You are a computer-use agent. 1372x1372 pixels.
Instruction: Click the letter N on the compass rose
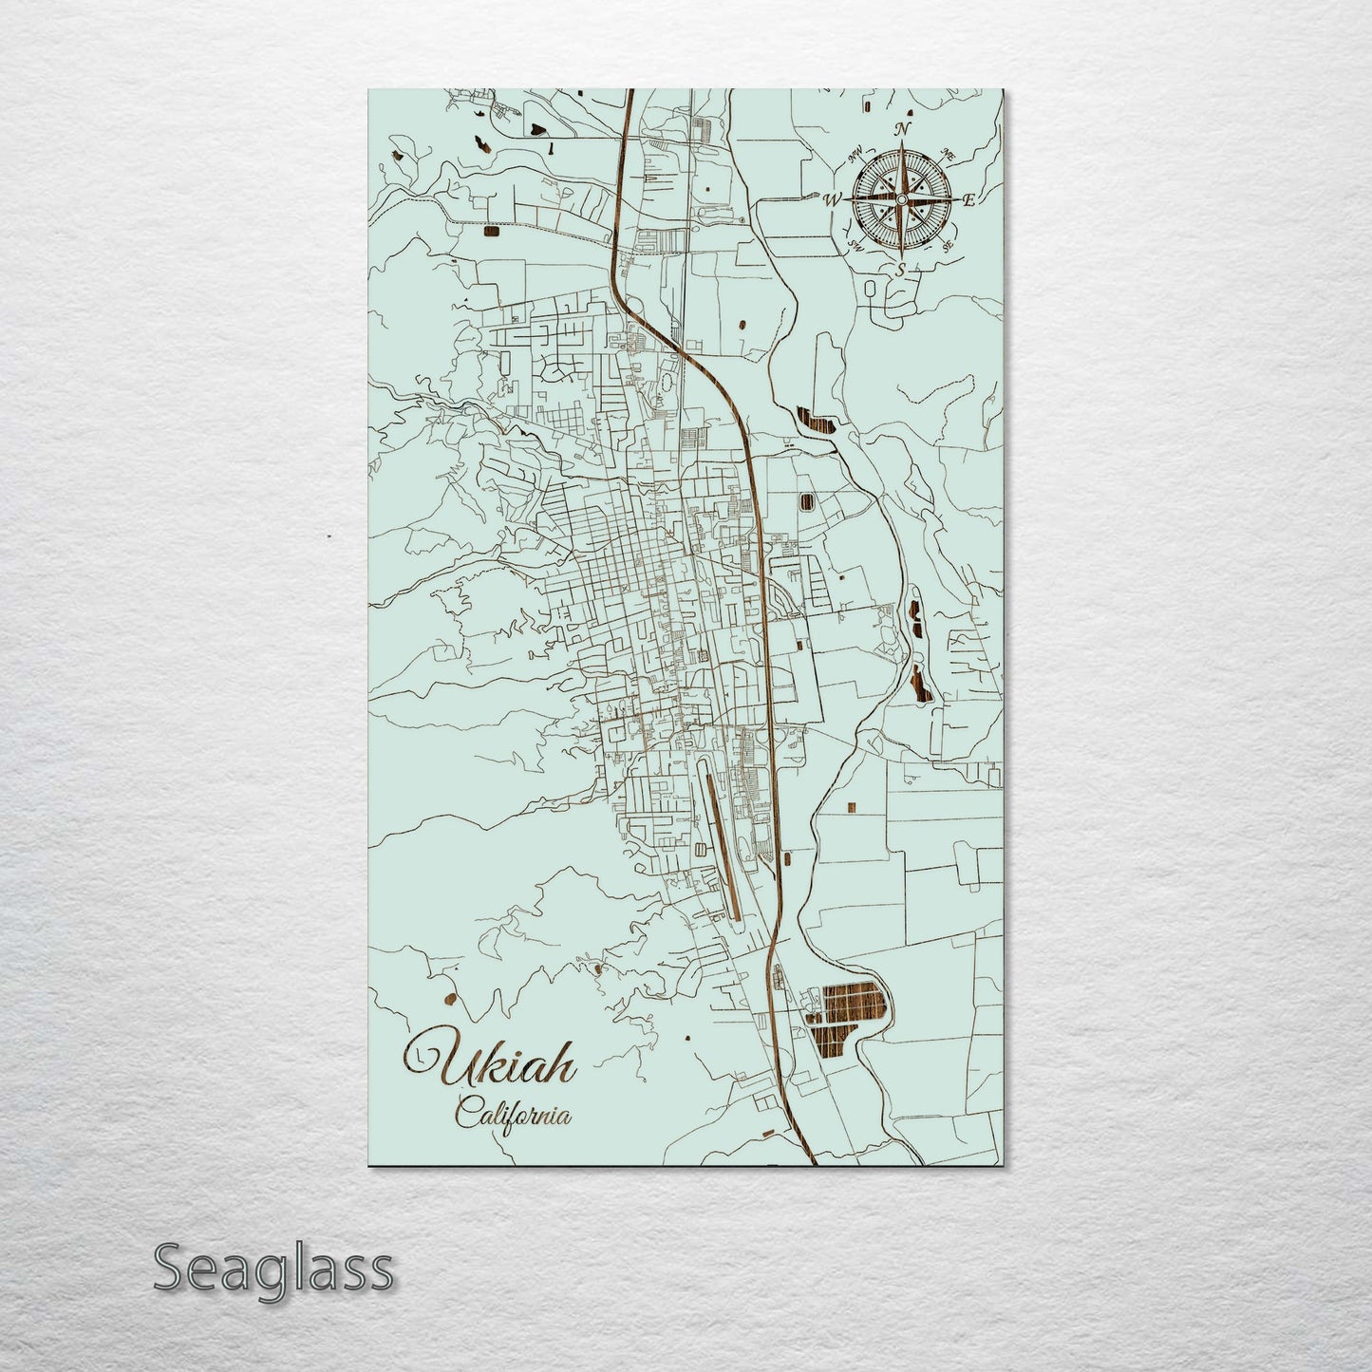pyautogui.click(x=904, y=129)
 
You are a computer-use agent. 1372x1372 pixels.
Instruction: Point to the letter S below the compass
pyautogui.click(x=900, y=270)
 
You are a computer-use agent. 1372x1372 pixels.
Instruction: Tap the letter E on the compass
pyautogui.click(x=969, y=199)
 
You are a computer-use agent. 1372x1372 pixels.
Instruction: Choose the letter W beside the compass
pyautogui.click(x=832, y=199)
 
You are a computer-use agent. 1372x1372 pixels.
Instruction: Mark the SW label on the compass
pyautogui.click(x=855, y=245)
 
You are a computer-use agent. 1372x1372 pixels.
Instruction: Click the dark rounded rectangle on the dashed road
pyautogui.click(x=491, y=230)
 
